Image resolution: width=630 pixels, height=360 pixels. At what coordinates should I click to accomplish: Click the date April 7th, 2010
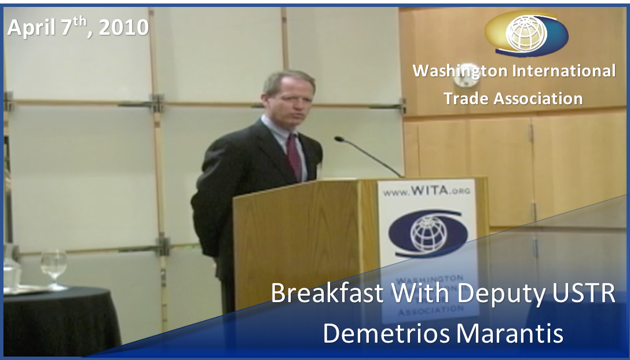pyautogui.click(x=78, y=27)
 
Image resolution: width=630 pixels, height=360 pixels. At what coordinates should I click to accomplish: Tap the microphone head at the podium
pyautogui.click(x=339, y=139)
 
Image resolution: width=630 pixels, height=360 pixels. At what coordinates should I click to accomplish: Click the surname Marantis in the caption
pyautogui.click(x=510, y=333)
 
